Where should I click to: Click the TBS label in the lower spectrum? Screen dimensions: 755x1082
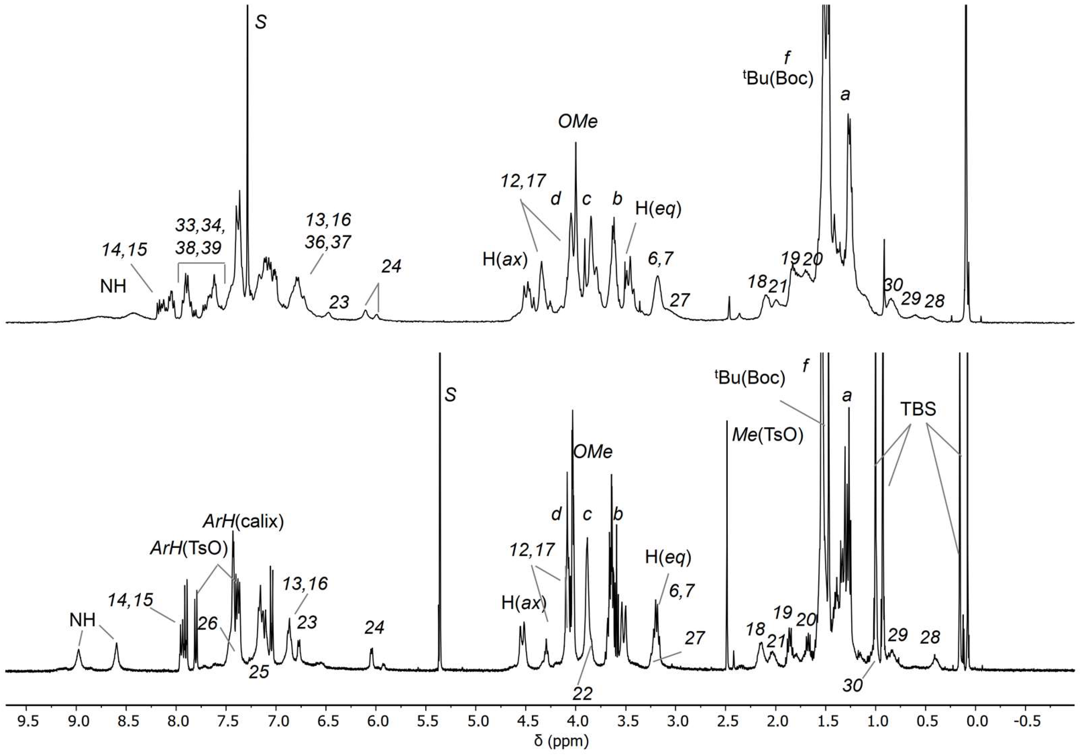pos(918,409)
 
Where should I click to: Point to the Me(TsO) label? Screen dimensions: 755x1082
pos(767,435)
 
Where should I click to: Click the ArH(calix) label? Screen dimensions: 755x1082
pos(243,522)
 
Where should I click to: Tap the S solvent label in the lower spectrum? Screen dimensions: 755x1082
pos(451,395)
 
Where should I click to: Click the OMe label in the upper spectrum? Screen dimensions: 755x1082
pos(578,122)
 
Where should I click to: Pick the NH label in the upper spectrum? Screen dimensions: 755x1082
pos(113,286)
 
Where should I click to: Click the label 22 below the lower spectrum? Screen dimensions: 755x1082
pos(583,694)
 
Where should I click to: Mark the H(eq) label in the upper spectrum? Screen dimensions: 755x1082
pos(658,209)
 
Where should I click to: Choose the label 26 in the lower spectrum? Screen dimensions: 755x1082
pos(207,623)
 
